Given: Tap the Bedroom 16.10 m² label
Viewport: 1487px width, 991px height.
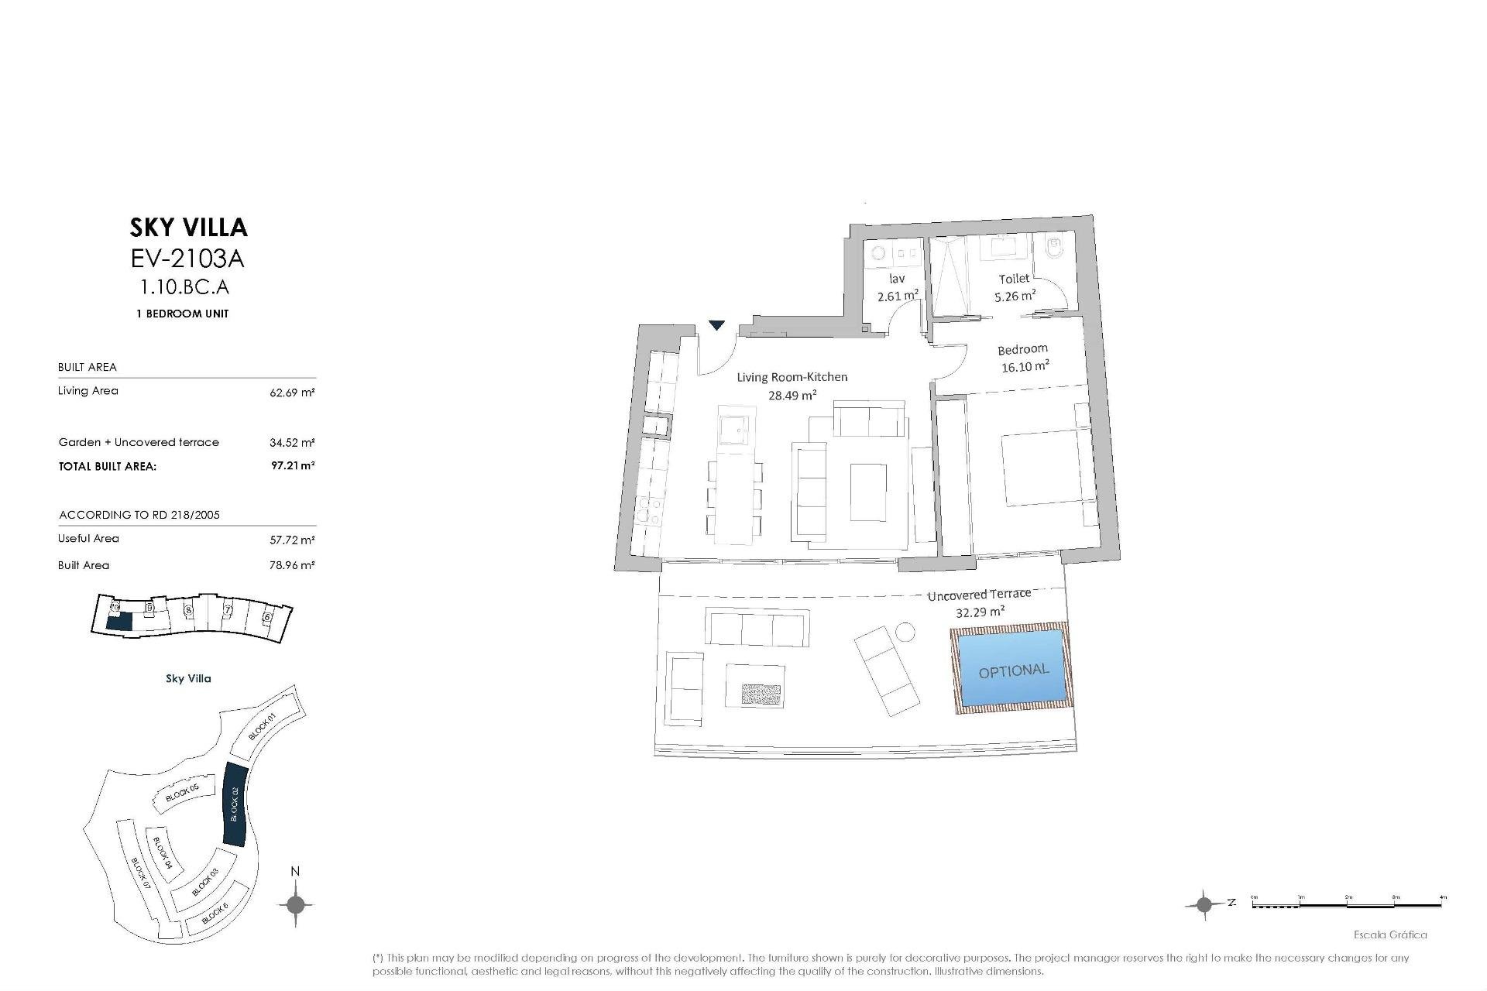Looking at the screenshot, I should [x=1024, y=358].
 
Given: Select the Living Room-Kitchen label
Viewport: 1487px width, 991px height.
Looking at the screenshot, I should [x=792, y=378].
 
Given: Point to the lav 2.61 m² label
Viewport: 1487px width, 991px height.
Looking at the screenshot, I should [x=898, y=287].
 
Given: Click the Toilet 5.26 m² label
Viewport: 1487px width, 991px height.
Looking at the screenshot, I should [x=1015, y=287].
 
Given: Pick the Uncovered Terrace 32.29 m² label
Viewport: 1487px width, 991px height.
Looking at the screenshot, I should [x=979, y=602].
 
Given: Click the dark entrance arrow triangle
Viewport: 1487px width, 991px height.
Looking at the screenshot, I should [x=717, y=325].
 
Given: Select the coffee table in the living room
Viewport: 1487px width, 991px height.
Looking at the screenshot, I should [x=868, y=492].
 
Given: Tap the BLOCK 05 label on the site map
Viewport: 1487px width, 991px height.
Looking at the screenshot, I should [x=183, y=792].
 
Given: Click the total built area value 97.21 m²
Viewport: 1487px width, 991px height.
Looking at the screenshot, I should [x=293, y=466].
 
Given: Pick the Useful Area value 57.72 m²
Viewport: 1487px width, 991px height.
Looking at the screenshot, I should [x=293, y=540].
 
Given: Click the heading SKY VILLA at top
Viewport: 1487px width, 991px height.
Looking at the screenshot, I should [x=188, y=227].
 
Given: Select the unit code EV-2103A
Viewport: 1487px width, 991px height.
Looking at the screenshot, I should [x=188, y=257].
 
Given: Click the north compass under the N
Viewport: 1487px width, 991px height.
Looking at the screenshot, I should [x=295, y=904].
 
